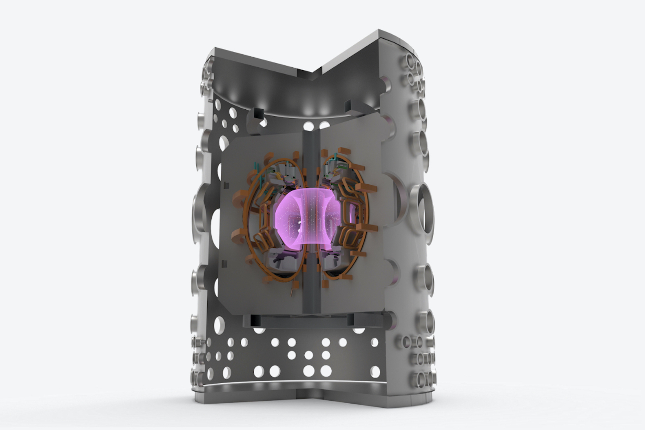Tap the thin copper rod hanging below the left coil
point(291,291)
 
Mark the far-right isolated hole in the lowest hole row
point(375,371)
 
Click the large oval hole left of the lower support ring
point(219,325)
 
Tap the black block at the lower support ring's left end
point(254,321)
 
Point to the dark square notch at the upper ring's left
point(258,113)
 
